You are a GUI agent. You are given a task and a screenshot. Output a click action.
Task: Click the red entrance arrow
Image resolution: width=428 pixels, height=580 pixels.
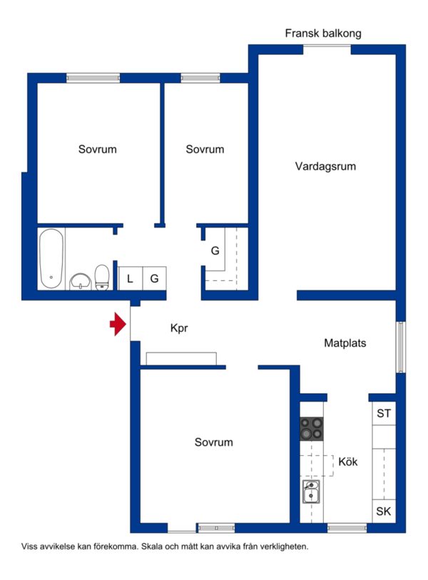(x=118, y=324)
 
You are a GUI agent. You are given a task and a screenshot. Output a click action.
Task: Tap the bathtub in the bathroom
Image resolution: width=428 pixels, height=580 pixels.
(x=51, y=258)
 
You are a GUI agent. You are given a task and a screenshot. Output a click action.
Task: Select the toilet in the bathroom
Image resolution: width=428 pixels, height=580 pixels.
(x=102, y=277)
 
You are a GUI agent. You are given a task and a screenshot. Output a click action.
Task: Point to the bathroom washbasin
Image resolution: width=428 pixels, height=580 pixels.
(x=81, y=282)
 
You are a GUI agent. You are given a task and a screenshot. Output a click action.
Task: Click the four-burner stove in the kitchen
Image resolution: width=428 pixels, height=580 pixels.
(x=312, y=429)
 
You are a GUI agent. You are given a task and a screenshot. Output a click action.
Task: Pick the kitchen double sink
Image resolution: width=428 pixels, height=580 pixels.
(x=311, y=492)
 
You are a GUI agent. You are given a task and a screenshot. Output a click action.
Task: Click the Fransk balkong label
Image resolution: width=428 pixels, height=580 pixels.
(x=323, y=34)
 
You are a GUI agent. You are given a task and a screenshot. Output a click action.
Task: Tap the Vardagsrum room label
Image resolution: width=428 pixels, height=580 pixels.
(x=325, y=166)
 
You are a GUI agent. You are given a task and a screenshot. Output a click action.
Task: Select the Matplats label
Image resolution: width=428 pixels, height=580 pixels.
(x=345, y=343)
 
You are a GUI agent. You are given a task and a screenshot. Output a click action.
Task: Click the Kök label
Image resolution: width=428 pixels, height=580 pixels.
(x=348, y=462)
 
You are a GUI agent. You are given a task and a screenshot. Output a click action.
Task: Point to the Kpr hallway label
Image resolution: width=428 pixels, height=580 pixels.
(x=179, y=328)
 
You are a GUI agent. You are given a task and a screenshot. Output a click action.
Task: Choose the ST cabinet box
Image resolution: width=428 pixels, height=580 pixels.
(x=384, y=413)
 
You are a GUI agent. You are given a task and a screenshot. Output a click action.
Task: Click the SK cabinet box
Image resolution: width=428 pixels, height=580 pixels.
(x=384, y=512)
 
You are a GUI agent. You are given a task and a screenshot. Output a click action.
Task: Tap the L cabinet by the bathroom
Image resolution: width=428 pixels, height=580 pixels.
(x=131, y=278)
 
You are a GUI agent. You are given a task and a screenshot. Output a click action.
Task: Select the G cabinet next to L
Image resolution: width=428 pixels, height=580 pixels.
(x=155, y=278)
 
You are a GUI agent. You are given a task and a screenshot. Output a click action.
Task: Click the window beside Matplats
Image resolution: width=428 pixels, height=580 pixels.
(x=401, y=347)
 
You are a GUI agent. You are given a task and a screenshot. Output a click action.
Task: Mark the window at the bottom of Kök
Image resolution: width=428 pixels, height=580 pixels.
(x=347, y=528)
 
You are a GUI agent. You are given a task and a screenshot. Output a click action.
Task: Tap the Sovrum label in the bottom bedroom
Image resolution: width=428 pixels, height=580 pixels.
(x=214, y=442)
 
